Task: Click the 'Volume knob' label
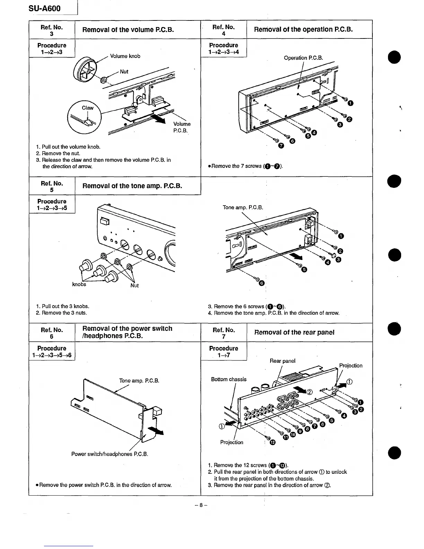click(x=125, y=56)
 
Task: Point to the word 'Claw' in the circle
click(x=87, y=108)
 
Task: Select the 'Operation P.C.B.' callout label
click(x=303, y=58)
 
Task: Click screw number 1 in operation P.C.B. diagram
click(x=351, y=103)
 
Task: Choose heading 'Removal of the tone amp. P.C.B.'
click(x=132, y=186)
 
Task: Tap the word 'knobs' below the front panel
click(x=79, y=285)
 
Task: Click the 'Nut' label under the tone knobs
click(x=134, y=285)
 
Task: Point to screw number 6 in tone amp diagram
click(x=262, y=284)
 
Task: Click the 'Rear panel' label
click(x=282, y=361)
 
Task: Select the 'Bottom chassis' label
click(x=229, y=379)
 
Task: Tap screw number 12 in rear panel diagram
click(x=272, y=442)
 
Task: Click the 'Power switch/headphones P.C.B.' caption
click(x=109, y=454)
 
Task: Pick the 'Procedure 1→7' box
click(x=223, y=351)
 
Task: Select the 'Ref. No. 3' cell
click(x=52, y=30)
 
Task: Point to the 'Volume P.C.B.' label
click(x=182, y=127)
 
